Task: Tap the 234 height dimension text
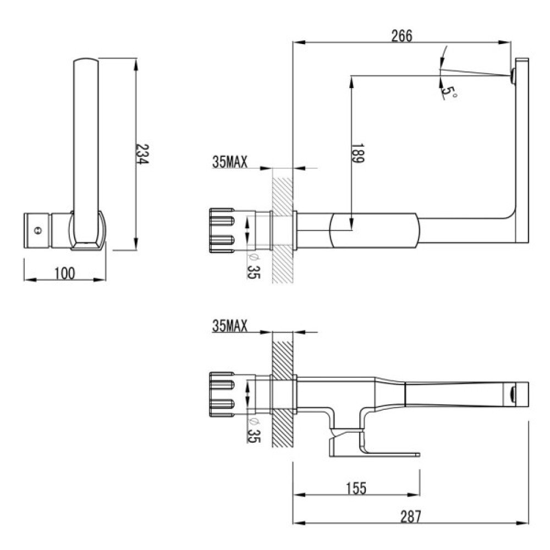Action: [142, 155]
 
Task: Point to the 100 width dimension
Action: [65, 273]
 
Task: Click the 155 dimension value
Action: [356, 487]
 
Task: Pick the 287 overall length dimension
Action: [410, 516]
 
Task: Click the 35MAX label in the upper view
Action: [229, 162]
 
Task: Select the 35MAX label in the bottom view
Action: [229, 326]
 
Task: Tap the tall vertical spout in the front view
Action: [86, 143]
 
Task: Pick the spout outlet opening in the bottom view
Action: [513, 394]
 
